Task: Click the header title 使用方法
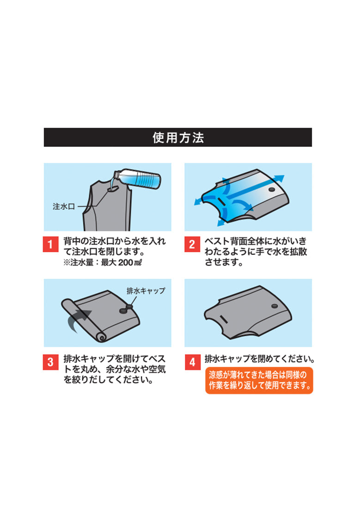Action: [178, 138]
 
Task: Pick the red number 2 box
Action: [192, 244]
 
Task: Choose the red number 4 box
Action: [192, 363]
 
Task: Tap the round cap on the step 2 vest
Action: [271, 190]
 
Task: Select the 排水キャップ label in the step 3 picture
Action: [146, 291]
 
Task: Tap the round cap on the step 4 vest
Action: [274, 306]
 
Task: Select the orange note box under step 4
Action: [259, 380]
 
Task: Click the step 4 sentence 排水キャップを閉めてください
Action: [260, 358]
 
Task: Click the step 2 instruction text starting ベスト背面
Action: [256, 252]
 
